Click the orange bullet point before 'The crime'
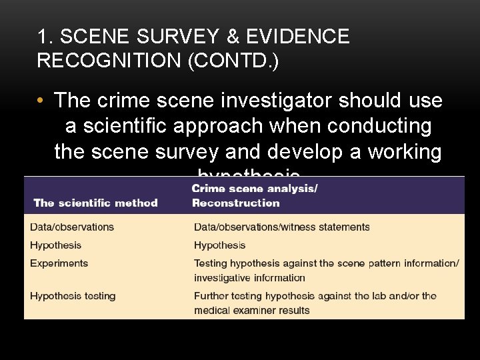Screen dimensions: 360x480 43,101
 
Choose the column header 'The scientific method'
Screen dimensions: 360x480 95,203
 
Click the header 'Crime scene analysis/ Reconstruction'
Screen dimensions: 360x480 255,195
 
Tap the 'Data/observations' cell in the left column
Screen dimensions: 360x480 72,227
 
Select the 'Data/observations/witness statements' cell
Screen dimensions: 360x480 281,227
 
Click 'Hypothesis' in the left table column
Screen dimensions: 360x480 55,245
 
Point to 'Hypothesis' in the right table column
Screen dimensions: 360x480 219,245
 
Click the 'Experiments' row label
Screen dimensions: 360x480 59,263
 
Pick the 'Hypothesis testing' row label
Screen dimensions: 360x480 73,295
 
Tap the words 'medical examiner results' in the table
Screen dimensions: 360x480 252,310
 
